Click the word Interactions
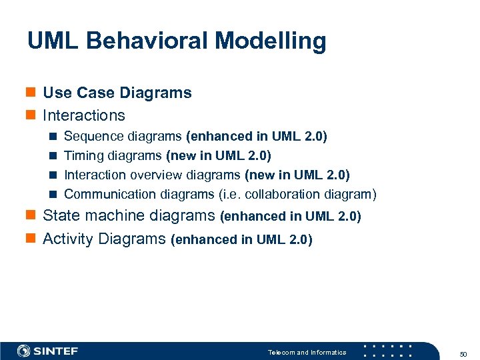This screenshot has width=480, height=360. [x=83, y=115]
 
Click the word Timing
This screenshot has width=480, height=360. [x=83, y=156]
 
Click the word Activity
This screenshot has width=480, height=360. [x=68, y=239]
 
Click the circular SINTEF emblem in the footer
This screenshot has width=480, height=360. [x=23, y=351]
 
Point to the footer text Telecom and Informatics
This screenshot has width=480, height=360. [x=307, y=352]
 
